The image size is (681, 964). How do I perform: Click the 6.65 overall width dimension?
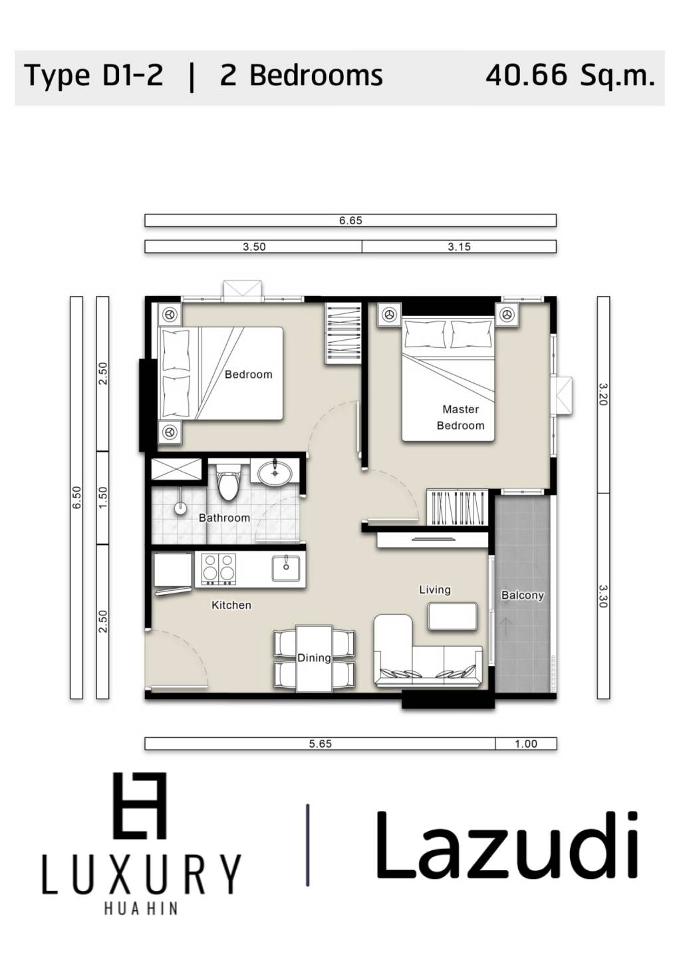(350, 221)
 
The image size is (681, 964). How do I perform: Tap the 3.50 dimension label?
(253, 247)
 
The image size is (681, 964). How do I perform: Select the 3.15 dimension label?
(459, 247)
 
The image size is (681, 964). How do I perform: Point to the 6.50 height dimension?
(76, 498)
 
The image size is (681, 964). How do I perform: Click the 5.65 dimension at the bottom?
(320, 744)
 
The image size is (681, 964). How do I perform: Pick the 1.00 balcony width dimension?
(525, 744)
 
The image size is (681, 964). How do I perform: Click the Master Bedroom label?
(460, 418)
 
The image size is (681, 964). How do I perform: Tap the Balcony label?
(522, 595)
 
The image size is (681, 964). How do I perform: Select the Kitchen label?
(231, 605)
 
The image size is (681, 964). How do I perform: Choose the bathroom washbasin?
(275, 473)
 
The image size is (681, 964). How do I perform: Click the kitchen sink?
(285, 569)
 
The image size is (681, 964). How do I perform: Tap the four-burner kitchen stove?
(218, 569)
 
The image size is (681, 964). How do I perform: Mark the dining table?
(315, 658)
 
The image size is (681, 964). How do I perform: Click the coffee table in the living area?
(452, 616)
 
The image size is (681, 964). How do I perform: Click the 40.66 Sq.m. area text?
(570, 76)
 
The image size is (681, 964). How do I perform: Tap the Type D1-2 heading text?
(93, 76)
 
